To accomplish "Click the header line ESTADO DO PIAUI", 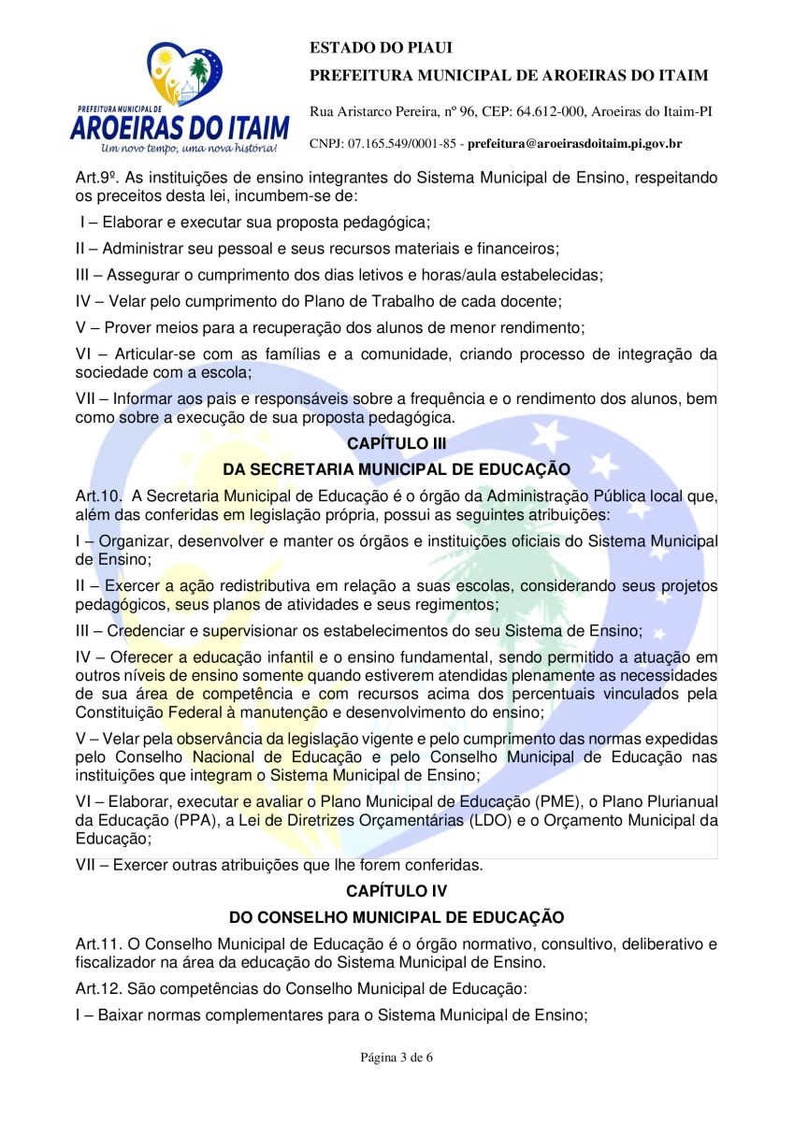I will coord(367,48).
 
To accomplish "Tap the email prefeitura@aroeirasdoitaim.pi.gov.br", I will coord(574,144).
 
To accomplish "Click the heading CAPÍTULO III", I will coord(397,443).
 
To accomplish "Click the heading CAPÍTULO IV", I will coord(397,892).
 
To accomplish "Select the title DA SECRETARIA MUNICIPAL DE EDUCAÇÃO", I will coord(397,469).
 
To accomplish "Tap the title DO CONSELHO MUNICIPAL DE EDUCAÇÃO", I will coord(397,918).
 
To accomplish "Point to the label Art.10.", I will coord(98,496).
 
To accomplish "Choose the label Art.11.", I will coord(98,945).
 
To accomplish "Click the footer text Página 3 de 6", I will coord(397,1057).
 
